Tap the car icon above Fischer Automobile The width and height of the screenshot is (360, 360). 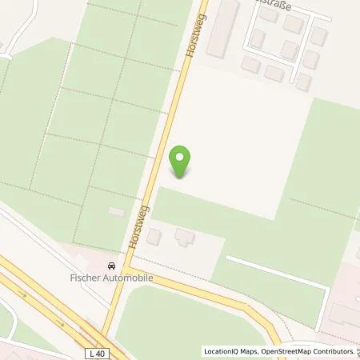pyautogui.click(x=112, y=265)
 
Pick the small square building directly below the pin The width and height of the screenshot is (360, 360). pyautogui.click(x=155, y=236)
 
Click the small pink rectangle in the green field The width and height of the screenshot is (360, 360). pyautogui.click(x=117, y=211)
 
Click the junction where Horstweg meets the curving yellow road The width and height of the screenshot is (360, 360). pyautogui.click(x=124, y=270)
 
